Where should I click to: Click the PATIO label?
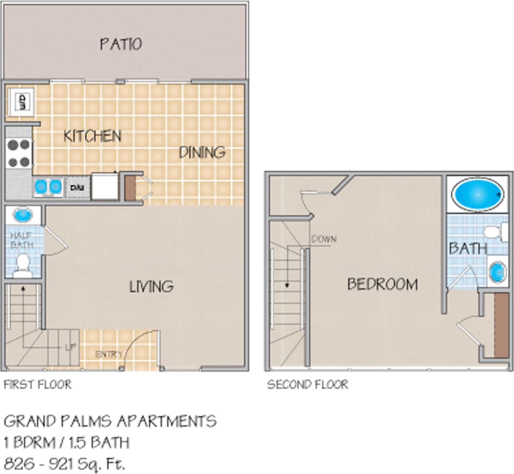[121, 44]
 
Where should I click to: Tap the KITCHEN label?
[92, 136]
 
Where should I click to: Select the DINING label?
[202, 152]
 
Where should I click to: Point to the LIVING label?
[151, 287]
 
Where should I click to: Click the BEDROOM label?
[382, 284]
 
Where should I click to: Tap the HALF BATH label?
[22, 240]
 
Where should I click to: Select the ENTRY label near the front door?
[109, 355]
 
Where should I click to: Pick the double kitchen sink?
[48, 187]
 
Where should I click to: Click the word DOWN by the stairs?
[324, 239]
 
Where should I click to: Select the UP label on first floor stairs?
[70, 348]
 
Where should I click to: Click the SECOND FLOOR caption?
[308, 384]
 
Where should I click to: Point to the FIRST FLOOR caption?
[37, 384]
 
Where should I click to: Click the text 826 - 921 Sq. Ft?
[64, 463]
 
